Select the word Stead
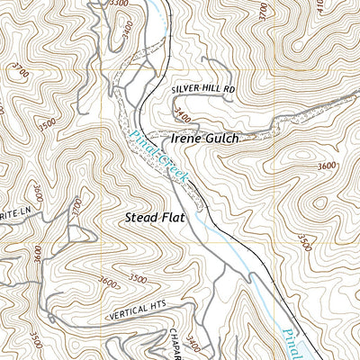[141, 219]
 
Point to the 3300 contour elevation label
[117, 4]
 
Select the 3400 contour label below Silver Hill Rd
[184, 115]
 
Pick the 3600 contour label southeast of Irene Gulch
[326, 166]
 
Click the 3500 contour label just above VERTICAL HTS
[138, 278]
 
